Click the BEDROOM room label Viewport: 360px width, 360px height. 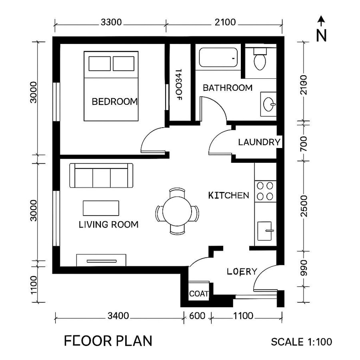114,102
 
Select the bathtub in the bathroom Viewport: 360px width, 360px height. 218,58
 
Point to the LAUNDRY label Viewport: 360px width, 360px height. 259,142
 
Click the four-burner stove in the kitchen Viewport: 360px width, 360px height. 265,191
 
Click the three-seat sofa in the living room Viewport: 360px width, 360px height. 101,176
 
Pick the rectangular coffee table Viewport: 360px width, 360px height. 101,208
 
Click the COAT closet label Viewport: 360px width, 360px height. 199,294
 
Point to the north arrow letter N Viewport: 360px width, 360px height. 321,35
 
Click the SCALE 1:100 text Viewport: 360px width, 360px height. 302,342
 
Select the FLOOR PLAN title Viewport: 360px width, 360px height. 108,341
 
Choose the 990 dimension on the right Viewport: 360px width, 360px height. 304,268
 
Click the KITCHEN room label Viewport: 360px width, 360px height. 229,196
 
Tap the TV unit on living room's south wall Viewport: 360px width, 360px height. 101,260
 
